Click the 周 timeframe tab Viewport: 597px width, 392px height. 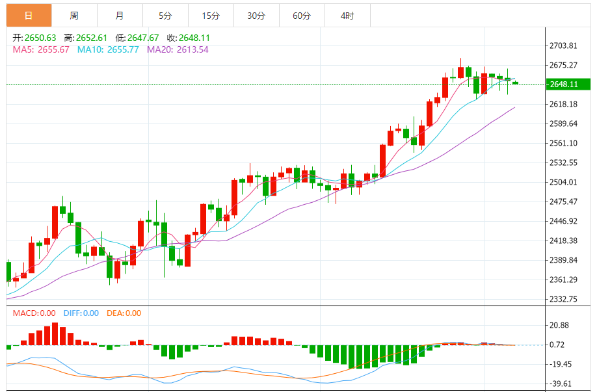pyautogui.click(x=74, y=16)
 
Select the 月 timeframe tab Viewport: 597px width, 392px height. pyautogui.click(x=120, y=16)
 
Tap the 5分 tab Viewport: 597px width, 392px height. pyautogui.click(x=165, y=16)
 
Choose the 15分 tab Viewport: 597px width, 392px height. pyautogui.click(x=211, y=16)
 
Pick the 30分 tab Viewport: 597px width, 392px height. pyautogui.click(x=256, y=16)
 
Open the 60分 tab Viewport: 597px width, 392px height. pyautogui.click(x=302, y=16)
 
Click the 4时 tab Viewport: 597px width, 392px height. pyautogui.click(x=347, y=16)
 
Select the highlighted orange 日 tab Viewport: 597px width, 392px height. pyautogui.click(x=29, y=16)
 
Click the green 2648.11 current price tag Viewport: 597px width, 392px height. pyautogui.click(x=564, y=85)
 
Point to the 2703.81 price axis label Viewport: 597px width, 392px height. pyautogui.click(x=563, y=46)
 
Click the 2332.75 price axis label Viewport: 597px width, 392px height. pyautogui.click(x=563, y=299)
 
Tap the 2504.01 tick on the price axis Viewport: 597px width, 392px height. pyautogui.click(x=563, y=182)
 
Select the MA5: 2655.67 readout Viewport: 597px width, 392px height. pyautogui.click(x=41, y=49)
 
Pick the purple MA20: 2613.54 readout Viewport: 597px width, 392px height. pyautogui.click(x=178, y=49)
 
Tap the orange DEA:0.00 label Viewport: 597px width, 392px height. pyautogui.click(x=124, y=313)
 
